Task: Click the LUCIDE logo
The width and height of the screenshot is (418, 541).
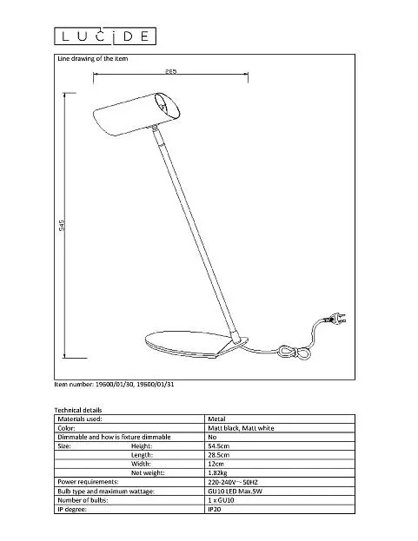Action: pos(105,36)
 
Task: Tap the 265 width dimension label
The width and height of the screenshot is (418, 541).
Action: pos(170,71)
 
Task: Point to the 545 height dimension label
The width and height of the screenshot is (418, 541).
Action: pos(62,225)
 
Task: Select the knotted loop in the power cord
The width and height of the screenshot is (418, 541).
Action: pos(295,353)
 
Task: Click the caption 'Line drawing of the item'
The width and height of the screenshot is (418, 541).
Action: pos(92,59)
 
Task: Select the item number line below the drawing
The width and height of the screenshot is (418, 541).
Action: pos(114,384)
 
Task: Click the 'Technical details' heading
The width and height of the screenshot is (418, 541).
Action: pos(78,410)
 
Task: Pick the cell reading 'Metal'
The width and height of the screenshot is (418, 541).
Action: pos(216,419)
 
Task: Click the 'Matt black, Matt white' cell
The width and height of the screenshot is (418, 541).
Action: pos(241,428)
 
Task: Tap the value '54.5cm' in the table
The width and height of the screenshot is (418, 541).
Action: pos(218,445)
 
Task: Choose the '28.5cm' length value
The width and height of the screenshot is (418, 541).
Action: pos(218,455)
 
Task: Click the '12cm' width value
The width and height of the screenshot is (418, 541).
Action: pos(216,464)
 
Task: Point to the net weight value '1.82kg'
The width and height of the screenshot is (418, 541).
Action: pos(217,472)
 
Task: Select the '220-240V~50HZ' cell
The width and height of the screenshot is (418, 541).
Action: pos(233,482)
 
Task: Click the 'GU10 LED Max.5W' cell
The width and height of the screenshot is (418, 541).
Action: pos(235,491)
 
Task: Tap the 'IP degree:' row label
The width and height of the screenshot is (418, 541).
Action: pos(72,509)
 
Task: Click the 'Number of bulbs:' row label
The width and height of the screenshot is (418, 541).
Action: pos(83,500)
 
